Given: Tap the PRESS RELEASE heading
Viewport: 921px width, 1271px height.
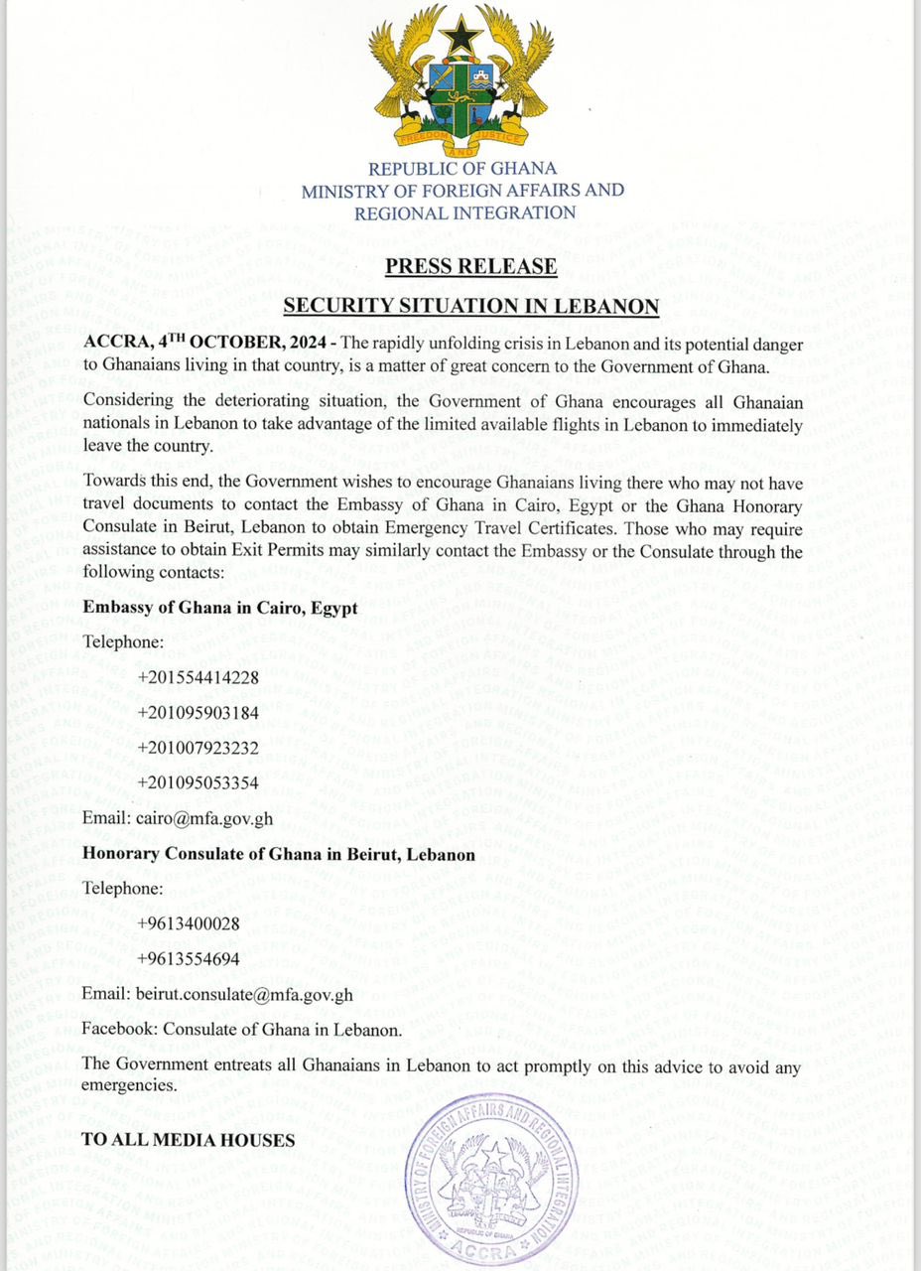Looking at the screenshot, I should pos(470,266).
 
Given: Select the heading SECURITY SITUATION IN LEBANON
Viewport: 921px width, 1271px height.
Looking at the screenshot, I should pos(471,306).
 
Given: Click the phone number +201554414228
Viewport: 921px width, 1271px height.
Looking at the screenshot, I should pos(198,677).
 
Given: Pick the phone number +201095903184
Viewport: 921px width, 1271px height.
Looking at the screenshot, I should pos(198,712).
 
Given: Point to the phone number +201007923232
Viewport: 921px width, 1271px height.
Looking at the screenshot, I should pos(198,747).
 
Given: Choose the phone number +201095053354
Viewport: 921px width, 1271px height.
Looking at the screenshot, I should pos(198,782).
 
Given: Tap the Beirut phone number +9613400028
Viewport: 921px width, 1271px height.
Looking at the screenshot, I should pos(189,923).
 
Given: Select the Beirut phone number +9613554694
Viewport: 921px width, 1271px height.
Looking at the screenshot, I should pos(189,958).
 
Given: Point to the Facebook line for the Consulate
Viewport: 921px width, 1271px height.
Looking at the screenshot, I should pos(242,1030).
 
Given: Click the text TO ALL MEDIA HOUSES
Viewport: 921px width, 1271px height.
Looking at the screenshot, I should pos(188,1140).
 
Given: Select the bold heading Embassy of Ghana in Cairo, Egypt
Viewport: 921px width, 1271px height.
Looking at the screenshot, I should pos(219,608).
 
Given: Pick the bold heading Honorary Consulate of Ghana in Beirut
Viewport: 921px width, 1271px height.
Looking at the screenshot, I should pos(278,853).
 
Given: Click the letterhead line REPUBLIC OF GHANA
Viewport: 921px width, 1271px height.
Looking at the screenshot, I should pos(462,168).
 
